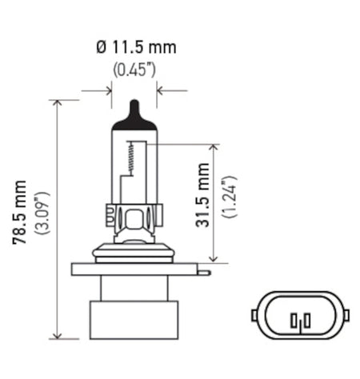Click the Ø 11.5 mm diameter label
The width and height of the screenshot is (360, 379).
point(135,47)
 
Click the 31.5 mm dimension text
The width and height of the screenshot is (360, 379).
point(203,196)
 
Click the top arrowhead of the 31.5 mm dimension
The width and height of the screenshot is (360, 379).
point(212,149)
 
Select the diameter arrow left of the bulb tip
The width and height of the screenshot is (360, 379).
point(107,91)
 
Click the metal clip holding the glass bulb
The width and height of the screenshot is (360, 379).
point(134,216)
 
